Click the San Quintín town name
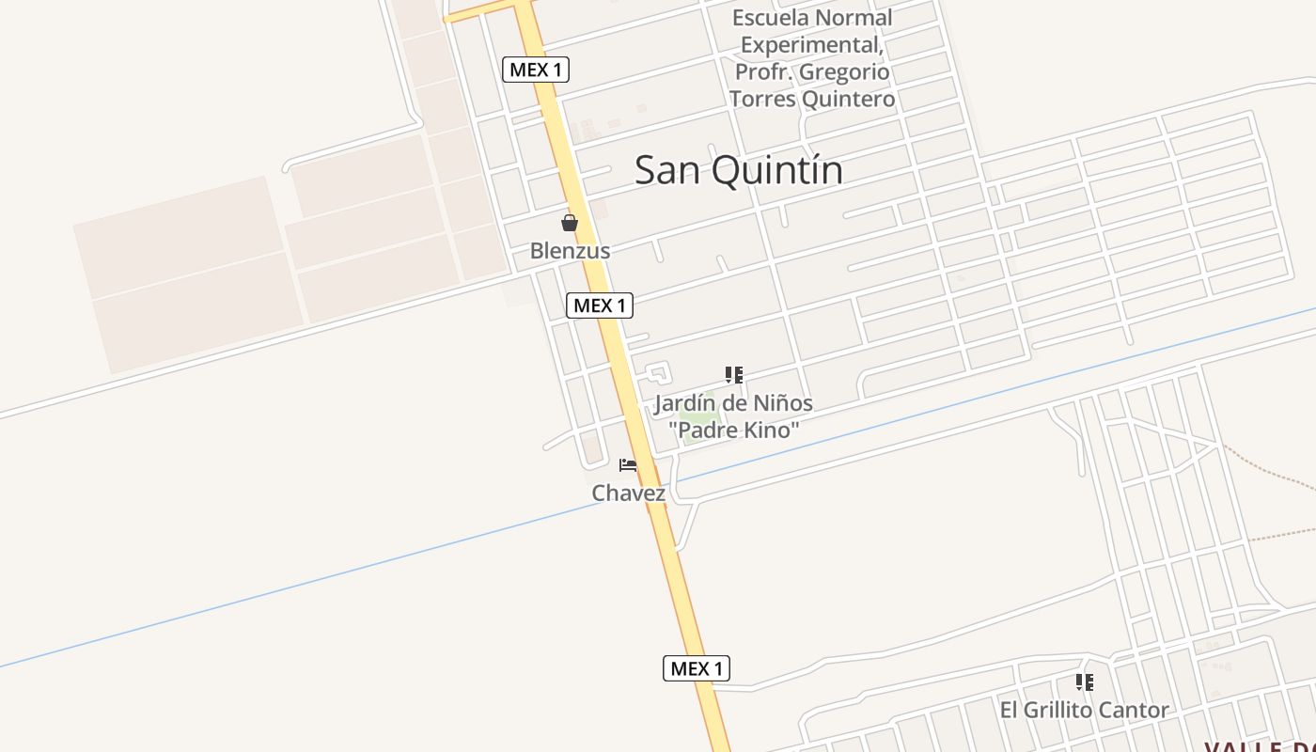[x=739, y=170]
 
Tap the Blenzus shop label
[x=570, y=251]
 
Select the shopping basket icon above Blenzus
[x=570, y=223]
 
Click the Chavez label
[x=628, y=493]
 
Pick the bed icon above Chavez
[x=628, y=465]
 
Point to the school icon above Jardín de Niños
[x=734, y=375]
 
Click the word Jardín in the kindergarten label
[x=683, y=403]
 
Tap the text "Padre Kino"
[x=734, y=431]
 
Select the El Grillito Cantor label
[x=1084, y=710]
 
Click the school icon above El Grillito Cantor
[x=1085, y=681]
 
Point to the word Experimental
[x=811, y=45]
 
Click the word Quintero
[x=852, y=99]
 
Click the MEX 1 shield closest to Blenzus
[x=599, y=305]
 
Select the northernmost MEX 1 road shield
[x=536, y=70]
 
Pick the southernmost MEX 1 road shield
[x=697, y=668]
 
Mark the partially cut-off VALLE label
[x=1260, y=745]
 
